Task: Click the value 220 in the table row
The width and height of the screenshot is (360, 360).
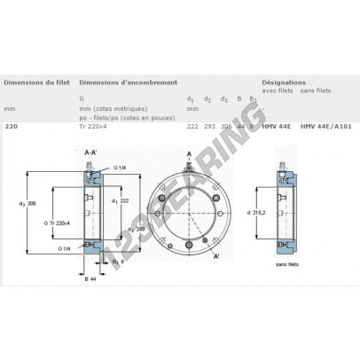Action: click(11, 128)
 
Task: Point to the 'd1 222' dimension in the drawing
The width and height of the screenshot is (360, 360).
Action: click(131, 201)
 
